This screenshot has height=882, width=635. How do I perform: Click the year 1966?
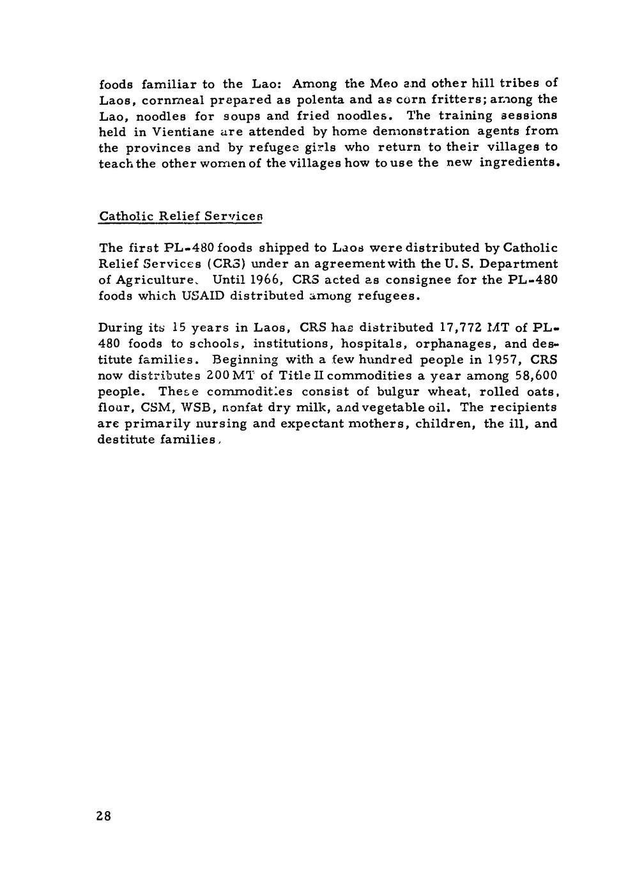[264, 280]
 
